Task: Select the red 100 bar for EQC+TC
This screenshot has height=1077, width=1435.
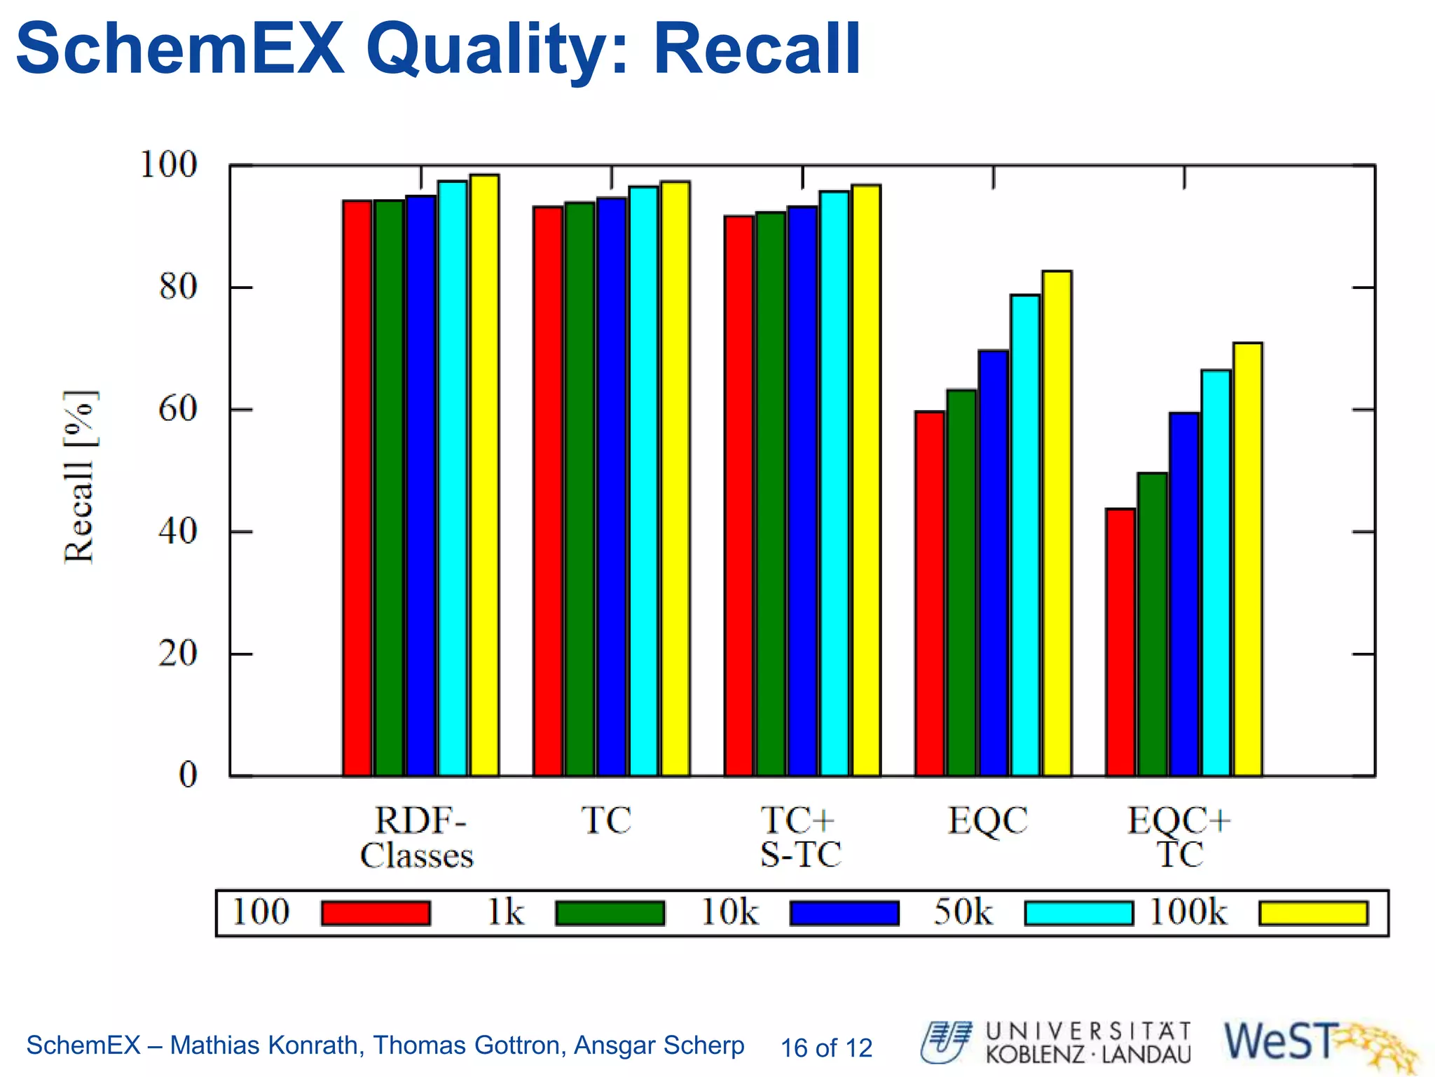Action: coord(1120,642)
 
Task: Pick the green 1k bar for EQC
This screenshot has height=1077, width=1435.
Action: coord(961,583)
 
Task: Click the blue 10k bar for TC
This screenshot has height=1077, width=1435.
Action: coord(612,487)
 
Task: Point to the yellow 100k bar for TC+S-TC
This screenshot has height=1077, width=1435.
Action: coord(866,480)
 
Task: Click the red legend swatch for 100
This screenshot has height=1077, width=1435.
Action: coord(376,913)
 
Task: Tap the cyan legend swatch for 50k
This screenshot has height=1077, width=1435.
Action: coord(1078,913)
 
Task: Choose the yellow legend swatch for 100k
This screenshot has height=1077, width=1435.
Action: coord(1313,913)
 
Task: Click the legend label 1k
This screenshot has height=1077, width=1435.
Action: coord(505,912)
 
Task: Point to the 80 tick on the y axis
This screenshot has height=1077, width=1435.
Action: coord(178,287)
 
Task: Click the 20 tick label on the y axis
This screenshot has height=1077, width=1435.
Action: coord(178,654)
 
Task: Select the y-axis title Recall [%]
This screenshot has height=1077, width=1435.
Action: coord(79,476)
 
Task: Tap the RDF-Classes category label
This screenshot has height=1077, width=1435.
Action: coord(417,837)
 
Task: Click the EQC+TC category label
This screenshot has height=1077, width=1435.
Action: coord(1179,837)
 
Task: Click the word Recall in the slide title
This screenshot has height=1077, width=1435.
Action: coord(757,49)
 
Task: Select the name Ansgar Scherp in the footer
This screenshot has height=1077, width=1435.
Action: coord(659,1045)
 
